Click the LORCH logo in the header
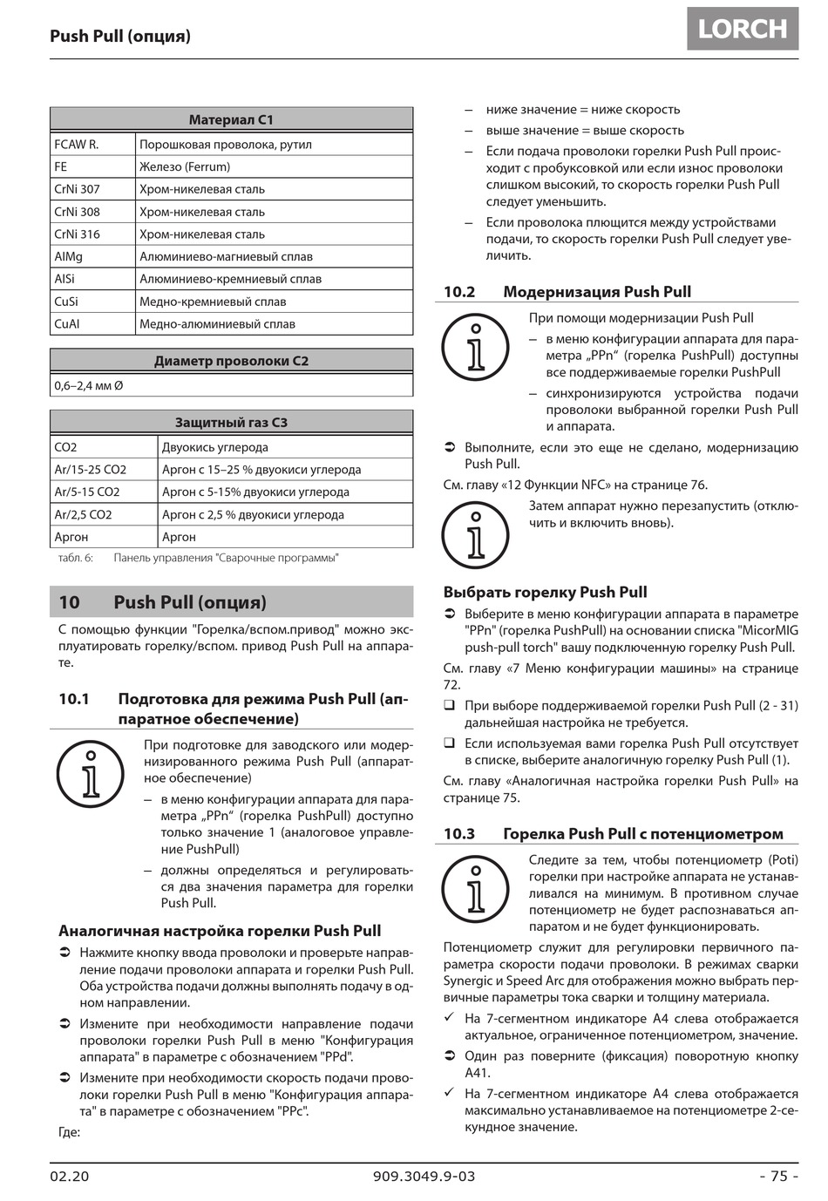(743, 29)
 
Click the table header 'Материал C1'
(231, 119)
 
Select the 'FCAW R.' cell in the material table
(77, 145)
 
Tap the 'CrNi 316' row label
(78, 234)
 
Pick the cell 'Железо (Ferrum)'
(185, 166)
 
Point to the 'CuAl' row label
(67, 324)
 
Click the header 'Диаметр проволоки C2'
(231, 361)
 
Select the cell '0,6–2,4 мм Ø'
(89, 385)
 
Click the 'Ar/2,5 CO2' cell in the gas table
(83, 515)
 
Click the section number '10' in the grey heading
(69, 602)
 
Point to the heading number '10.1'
(74, 699)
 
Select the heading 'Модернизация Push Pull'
(597, 292)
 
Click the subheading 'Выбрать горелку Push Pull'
(545, 593)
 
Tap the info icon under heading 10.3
(475, 891)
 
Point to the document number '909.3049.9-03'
(424, 1176)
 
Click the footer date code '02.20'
(70, 1176)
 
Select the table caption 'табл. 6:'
(75, 558)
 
